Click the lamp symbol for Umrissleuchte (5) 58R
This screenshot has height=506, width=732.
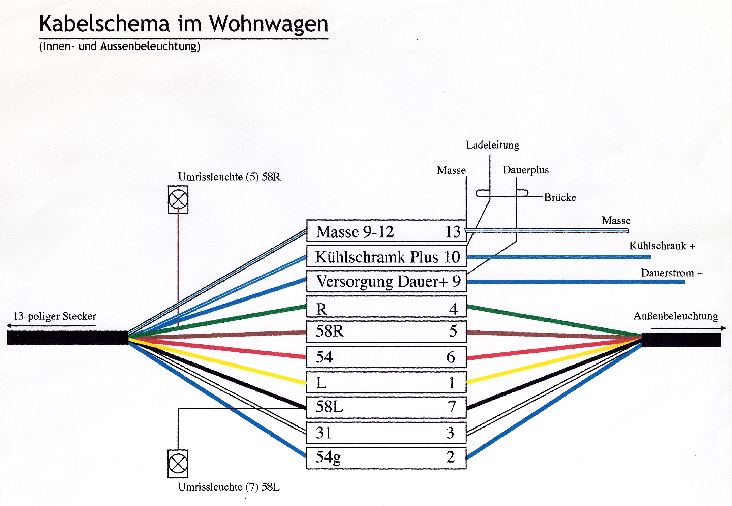pyautogui.click(x=178, y=199)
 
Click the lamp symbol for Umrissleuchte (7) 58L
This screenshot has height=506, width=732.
pyautogui.click(x=178, y=464)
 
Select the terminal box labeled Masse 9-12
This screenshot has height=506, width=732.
pyautogui.click(x=386, y=231)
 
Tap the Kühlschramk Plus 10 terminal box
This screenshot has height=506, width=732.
pyautogui.click(x=386, y=256)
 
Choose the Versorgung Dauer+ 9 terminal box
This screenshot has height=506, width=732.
pyautogui.click(x=386, y=281)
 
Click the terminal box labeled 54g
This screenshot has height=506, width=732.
pyautogui.click(x=386, y=457)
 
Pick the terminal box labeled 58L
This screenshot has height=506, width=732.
pyautogui.click(x=386, y=407)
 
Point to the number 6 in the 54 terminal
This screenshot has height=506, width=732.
pyautogui.click(x=451, y=357)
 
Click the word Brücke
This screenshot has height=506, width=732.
pyautogui.click(x=560, y=197)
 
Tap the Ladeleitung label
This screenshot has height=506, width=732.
pyautogui.click(x=492, y=145)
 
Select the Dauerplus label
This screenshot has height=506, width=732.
pyautogui.click(x=525, y=170)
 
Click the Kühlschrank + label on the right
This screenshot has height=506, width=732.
pyautogui.click(x=662, y=246)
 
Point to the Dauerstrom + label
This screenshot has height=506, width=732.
pyautogui.click(x=672, y=273)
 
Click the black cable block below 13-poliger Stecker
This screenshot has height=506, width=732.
pyautogui.click(x=67, y=338)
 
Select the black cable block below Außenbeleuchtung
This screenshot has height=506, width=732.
pyautogui.click(x=681, y=340)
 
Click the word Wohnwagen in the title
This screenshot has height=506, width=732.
pyautogui.click(x=269, y=24)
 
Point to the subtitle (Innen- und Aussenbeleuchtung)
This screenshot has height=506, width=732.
pyautogui.click(x=120, y=46)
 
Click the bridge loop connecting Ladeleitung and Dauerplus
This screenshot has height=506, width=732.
pyautogui.click(x=502, y=193)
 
